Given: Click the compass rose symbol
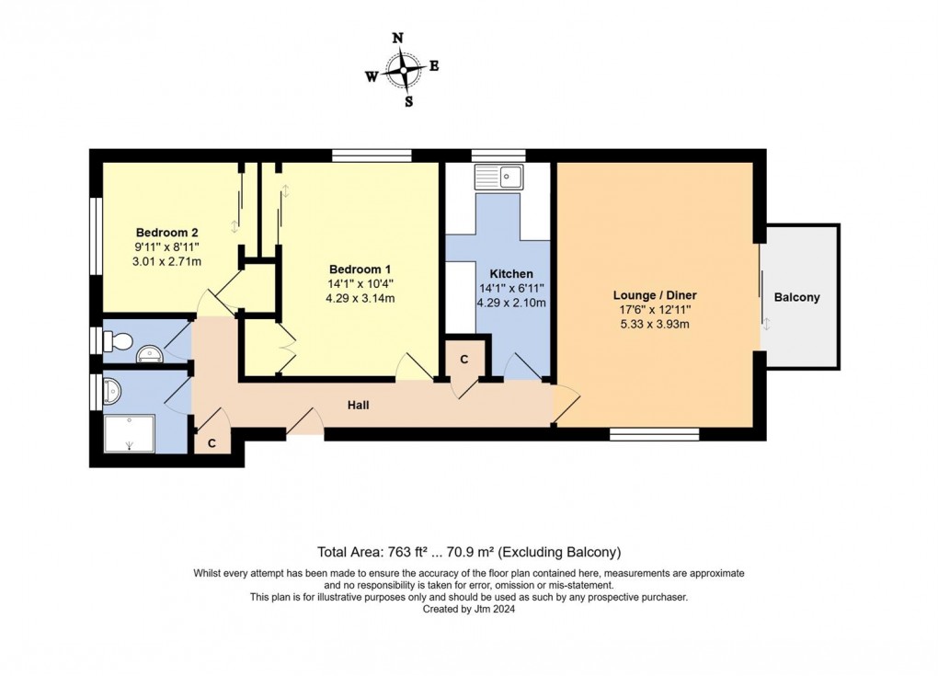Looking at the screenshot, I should point(403,69).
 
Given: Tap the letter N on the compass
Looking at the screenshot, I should point(397,39).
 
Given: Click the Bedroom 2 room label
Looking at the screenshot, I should point(167,232).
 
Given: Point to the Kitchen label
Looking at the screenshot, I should point(510,274).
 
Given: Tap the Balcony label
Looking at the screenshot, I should point(796,297).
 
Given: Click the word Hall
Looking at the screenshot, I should point(359,405).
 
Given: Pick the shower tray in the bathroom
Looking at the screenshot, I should point(130,431).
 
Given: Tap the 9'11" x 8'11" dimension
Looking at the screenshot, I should point(167,246).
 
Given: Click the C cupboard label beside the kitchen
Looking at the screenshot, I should point(464,360).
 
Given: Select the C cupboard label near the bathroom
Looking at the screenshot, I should point(212,443).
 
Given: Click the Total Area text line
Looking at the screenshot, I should point(469,552).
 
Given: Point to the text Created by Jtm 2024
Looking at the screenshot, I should point(469,609).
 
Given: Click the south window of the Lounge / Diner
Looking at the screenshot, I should point(655,433).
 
